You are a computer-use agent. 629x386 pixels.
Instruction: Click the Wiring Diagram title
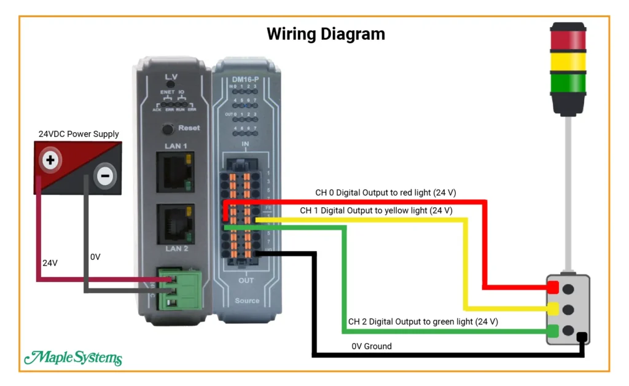point(326,33)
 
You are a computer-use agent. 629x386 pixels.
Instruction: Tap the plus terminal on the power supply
point(50,161)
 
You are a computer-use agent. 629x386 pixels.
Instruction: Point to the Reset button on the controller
point(166,129)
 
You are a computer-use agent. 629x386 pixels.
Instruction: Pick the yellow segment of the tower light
point(569,62)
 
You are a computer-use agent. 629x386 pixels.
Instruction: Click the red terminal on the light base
point(553,288)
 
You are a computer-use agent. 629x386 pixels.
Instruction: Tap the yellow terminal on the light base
point(553,309)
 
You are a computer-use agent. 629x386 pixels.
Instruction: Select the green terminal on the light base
point(553,331)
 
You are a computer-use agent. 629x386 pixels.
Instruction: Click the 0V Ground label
point(371,346)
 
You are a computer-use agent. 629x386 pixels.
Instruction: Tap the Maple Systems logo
point(72,358)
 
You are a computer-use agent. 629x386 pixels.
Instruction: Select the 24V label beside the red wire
point(50,262)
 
